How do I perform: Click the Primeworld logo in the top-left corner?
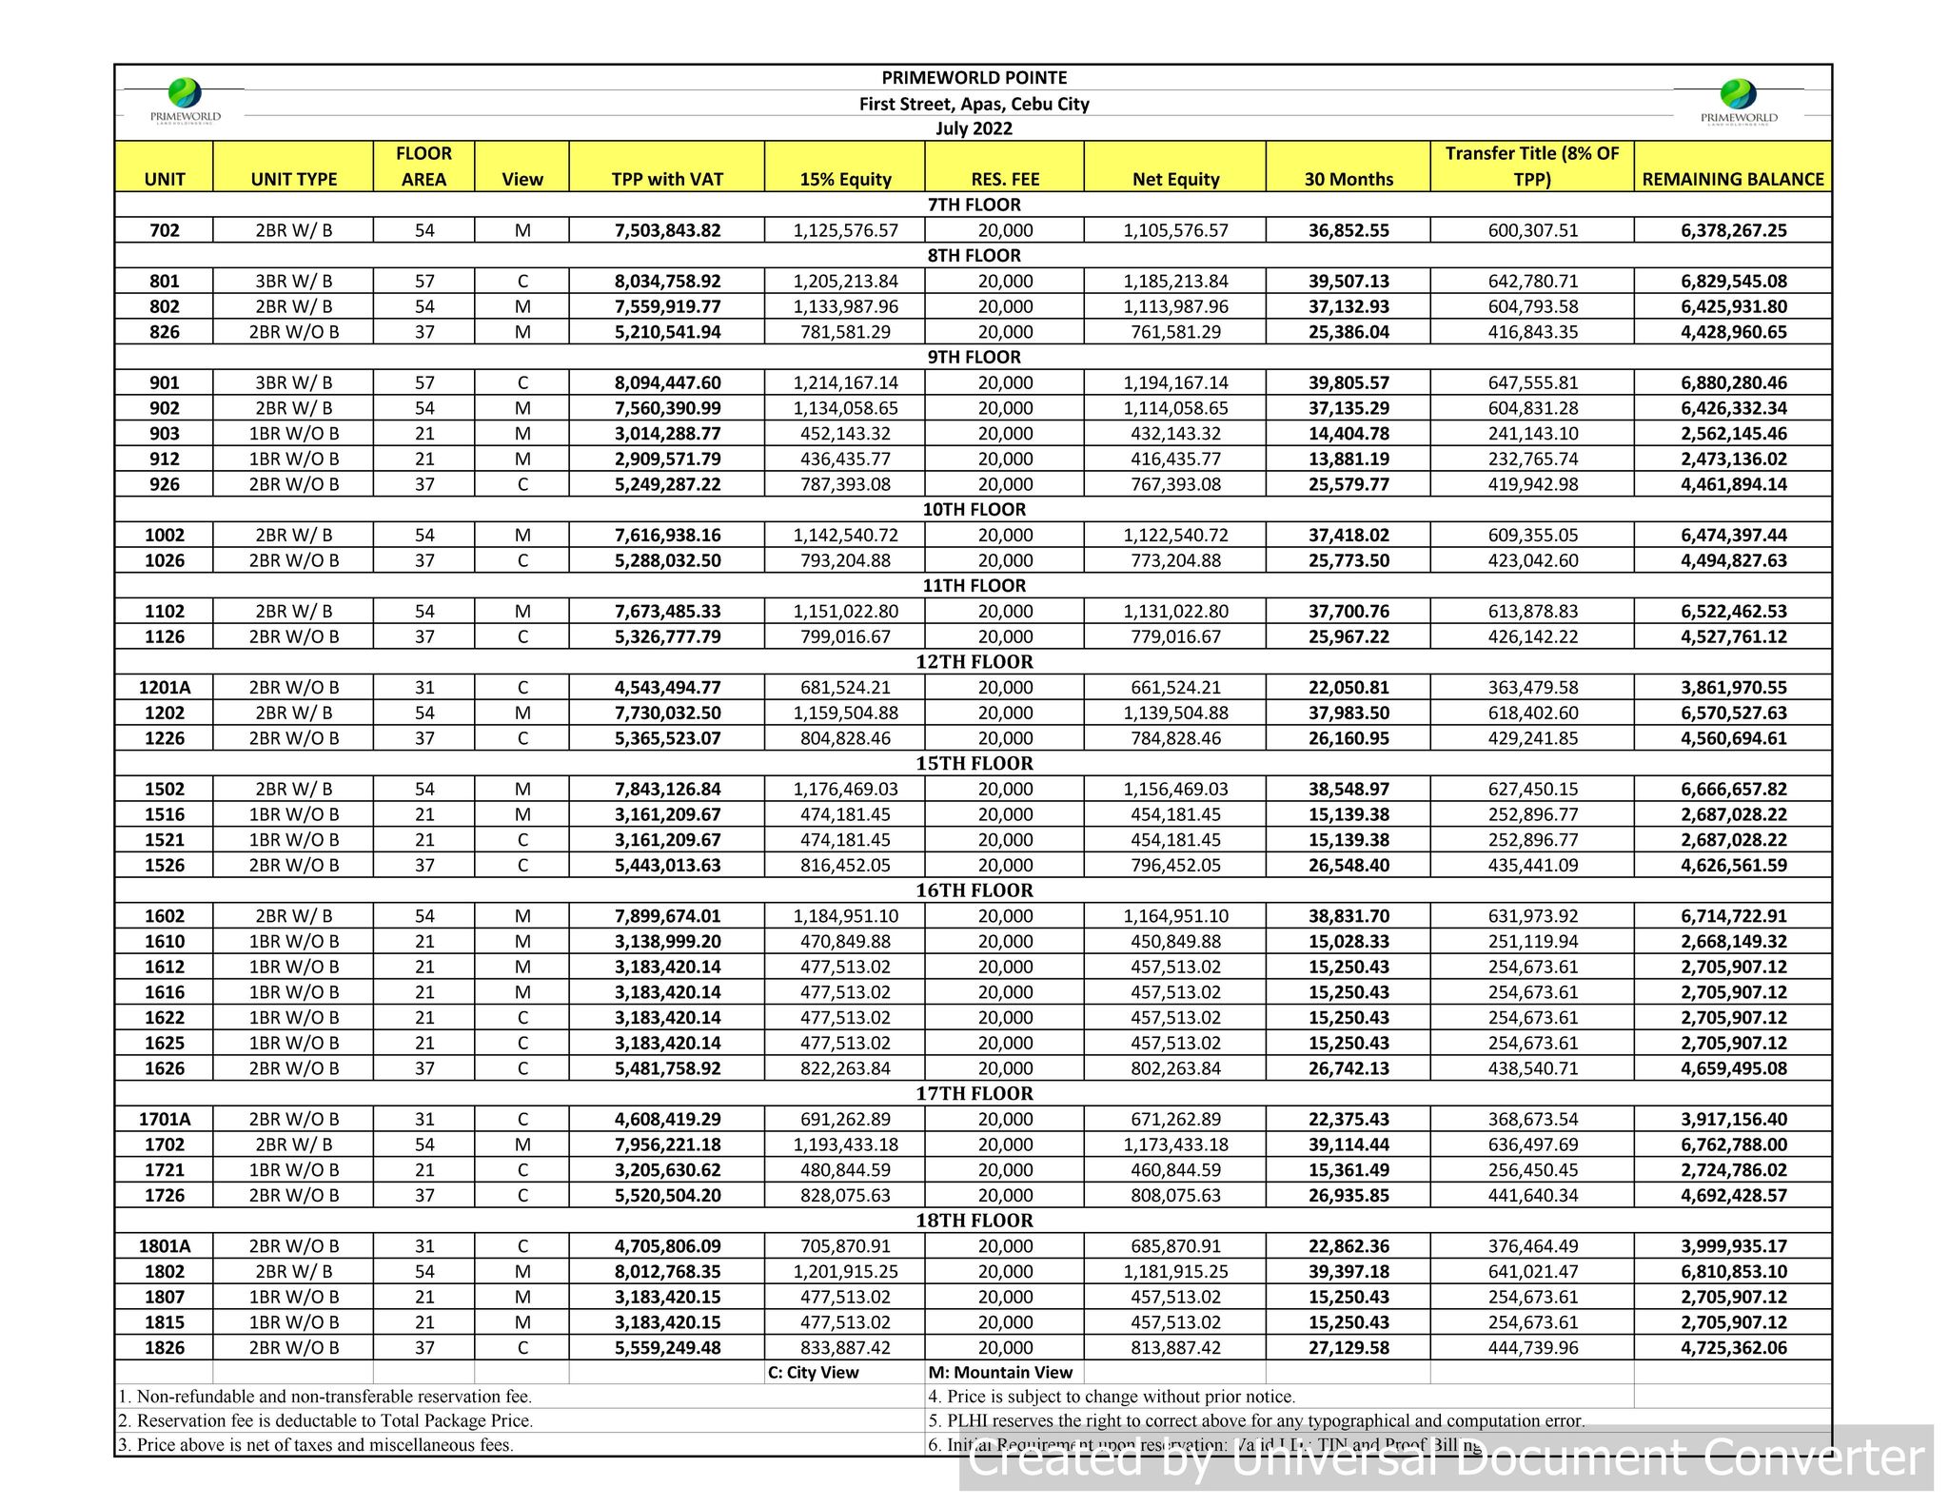[186, 99]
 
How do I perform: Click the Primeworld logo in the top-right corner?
[1739, 100]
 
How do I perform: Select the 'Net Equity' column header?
[1175, 179]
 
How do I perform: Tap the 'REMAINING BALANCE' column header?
[1733, 179]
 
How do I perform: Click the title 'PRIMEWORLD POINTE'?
[974, 78]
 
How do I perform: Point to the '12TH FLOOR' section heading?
[974, 662]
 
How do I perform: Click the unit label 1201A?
[165, 688]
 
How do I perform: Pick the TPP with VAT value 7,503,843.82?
[667, 230]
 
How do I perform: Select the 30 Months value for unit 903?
[1349, 434]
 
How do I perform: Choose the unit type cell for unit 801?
[294, 282]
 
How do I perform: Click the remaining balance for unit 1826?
[1733, 1348]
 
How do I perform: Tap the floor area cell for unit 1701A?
[424, 1120]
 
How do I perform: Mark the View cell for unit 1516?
[522, 815]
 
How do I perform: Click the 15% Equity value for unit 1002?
[845, 536]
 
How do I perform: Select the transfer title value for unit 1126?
[1532, 637]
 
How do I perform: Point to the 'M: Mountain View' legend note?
[1000, 1373]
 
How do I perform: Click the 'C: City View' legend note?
[813, 1373]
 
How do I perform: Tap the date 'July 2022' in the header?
[974, 128]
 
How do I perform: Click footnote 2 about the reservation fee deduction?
[325, 1421]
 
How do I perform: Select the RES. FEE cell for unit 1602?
[1005, 917]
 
